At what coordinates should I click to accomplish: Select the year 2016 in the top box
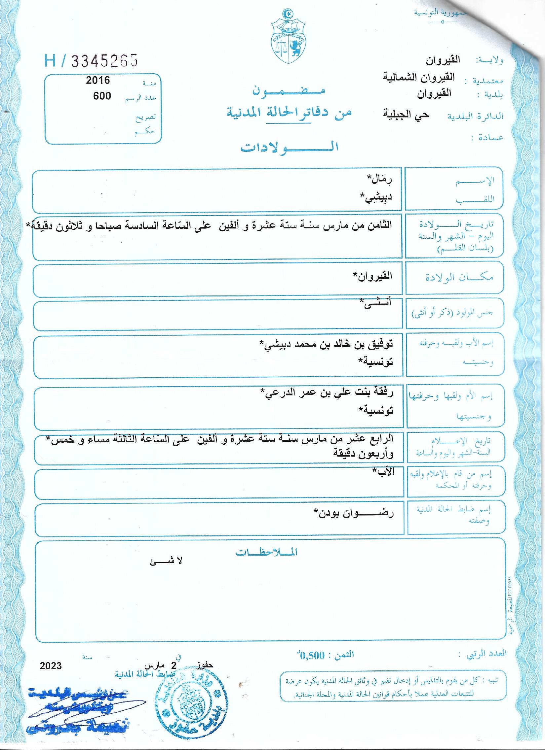[x=98, y=80]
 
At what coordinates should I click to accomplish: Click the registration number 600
[x=102, y=96]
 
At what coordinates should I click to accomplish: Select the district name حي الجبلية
[x=406, y=114]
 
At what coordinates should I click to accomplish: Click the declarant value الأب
[x=385, y=472]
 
